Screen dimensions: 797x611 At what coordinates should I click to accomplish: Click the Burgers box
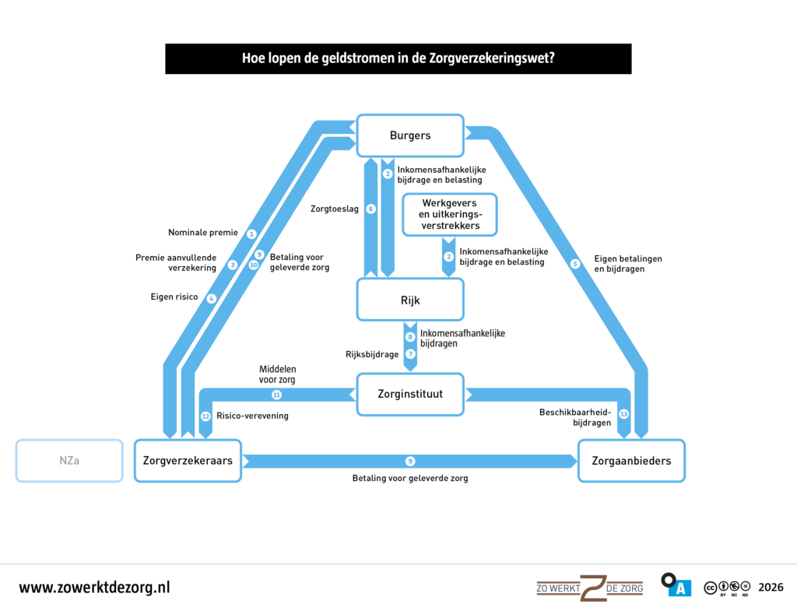click(410, 135)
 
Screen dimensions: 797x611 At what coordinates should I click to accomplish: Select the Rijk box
click(410, 300)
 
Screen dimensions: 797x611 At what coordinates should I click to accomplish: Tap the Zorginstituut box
click(410, 394)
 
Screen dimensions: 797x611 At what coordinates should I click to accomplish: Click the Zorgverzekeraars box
click(188, 461)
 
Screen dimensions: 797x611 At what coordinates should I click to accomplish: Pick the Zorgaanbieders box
click(631, 461)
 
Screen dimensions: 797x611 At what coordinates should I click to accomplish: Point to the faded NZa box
click(69, 461)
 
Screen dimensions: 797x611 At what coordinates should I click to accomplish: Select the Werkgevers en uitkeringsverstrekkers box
click(450, 215)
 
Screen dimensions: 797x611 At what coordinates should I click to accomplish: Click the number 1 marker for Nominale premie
click(251, 234)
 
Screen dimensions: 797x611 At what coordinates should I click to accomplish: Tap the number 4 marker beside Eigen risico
click(212, 298)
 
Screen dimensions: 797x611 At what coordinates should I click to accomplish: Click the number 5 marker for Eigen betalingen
click(575, 264)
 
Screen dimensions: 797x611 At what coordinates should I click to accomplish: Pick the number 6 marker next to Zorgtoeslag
click(371, 209)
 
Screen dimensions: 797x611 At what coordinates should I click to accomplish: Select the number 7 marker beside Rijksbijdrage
click(411, 354)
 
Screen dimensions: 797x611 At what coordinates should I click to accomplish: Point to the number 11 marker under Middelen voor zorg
click(276, 395)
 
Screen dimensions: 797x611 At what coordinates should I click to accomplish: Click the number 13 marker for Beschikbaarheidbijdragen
click(623, 414)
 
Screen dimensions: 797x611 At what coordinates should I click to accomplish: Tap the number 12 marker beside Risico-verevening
click(205, 416)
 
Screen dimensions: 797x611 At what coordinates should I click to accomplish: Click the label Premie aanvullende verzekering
click(176, 262)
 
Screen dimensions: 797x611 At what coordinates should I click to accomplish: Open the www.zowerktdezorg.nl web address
click(94, 588)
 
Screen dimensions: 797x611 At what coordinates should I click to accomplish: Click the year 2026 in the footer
click(771, 588)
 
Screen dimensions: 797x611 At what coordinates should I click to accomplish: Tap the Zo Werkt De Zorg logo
click(590, 588)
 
